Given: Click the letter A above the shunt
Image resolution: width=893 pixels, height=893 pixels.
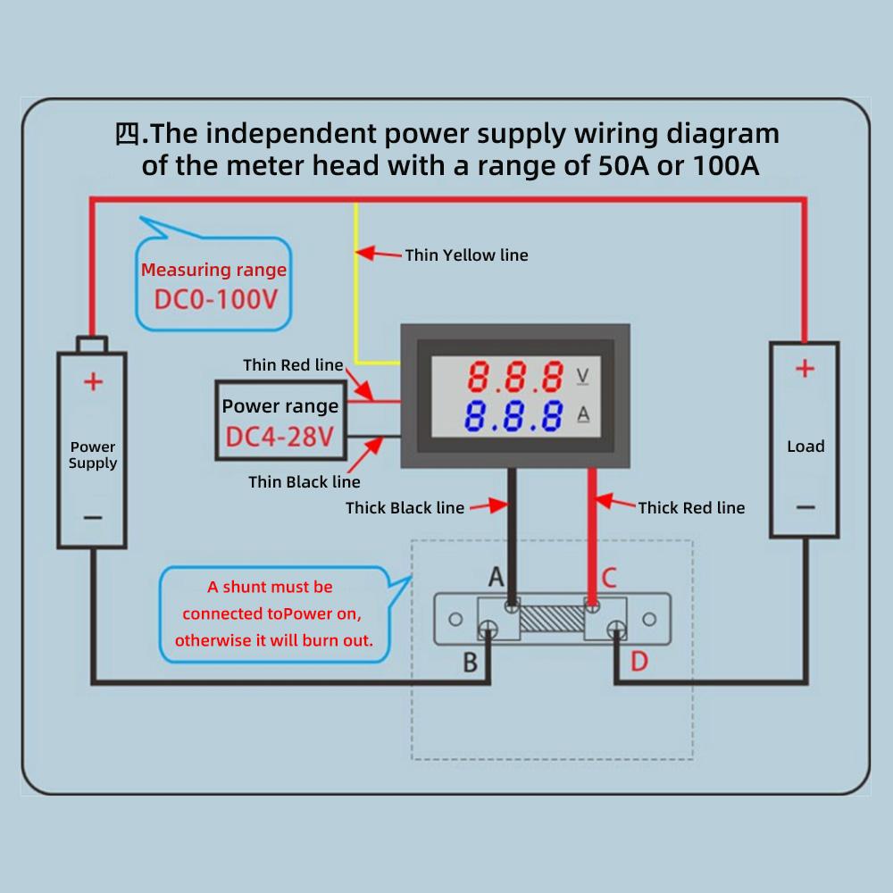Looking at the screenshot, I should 496,578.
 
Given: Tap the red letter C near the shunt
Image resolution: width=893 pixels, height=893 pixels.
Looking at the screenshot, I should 609,578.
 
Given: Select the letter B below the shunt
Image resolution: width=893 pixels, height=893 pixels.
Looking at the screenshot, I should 471,663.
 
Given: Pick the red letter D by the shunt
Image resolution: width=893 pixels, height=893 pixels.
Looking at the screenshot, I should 639,662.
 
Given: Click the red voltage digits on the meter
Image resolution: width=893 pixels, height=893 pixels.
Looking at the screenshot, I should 516,377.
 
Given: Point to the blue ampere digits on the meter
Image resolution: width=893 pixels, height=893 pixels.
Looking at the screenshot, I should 516,416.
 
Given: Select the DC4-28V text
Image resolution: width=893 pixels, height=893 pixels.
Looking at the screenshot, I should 280,438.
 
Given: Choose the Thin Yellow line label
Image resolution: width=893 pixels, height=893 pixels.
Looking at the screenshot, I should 466,255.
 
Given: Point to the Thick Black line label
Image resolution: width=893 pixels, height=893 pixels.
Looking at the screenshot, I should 405,508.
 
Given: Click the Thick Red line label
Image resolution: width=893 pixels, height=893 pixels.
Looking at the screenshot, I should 691,508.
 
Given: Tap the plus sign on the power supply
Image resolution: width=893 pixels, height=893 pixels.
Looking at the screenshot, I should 93,383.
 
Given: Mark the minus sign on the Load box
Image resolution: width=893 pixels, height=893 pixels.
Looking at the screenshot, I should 805,507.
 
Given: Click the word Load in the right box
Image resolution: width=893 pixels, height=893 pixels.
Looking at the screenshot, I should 805,446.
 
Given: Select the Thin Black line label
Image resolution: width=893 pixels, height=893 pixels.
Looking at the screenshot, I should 304,482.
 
